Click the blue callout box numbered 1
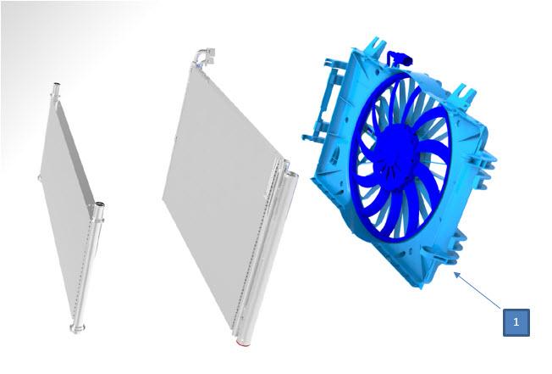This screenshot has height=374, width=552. tap(516, 322)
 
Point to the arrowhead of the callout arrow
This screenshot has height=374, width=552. tap(456, 275)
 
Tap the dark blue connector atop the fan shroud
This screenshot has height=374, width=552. tap(400, 59)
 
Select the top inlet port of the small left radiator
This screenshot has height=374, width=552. tap(56, 89)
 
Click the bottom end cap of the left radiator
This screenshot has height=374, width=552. tap(77, 328)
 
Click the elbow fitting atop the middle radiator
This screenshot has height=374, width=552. tap(205, 57)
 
